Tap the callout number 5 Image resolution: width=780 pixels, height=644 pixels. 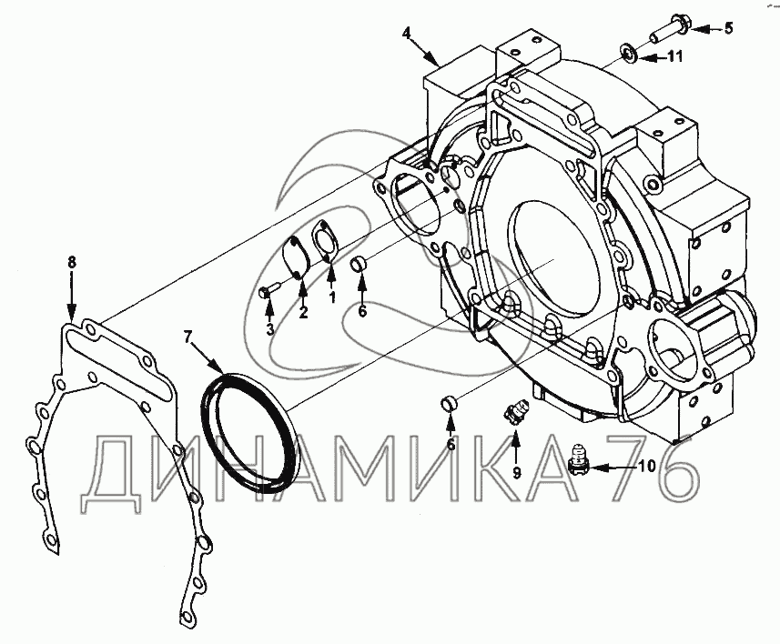pyautogui.click(x=728, y=28)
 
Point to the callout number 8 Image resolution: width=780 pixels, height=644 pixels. pyautogui.click(x=72, y=262)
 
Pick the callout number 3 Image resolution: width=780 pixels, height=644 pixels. pyautogui.click(x=269, y=329)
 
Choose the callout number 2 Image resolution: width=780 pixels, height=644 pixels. pyautogui.click(x=303, y=313)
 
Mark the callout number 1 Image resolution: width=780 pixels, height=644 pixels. pyautogui.click(x=332, y=297)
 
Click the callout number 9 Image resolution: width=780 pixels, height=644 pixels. pyautogui.click(x=515, y=472)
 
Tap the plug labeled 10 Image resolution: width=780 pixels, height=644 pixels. pyautogui.click(x=575, y=460)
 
